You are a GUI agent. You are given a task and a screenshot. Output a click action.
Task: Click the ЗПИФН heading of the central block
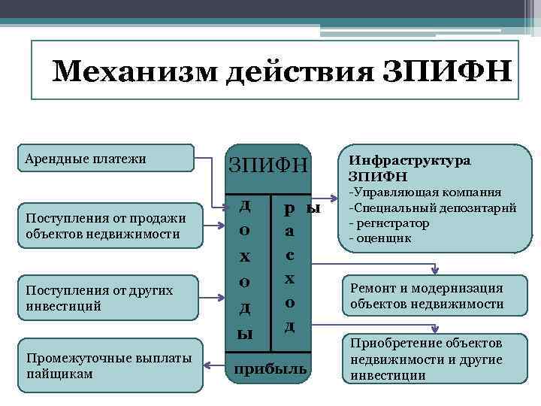coord(268,163)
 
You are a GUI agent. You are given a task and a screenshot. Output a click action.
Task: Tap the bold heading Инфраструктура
coord(409,161)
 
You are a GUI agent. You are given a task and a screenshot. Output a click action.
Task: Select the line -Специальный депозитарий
coord(433,208)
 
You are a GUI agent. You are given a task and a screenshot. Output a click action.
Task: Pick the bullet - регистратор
coord(389,223)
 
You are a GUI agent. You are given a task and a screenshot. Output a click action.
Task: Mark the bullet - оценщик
coord(380,238)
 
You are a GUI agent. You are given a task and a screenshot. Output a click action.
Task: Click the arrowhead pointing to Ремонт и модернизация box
coord(434,271)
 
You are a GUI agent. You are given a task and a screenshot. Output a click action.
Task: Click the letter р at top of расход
coord(289,208)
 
